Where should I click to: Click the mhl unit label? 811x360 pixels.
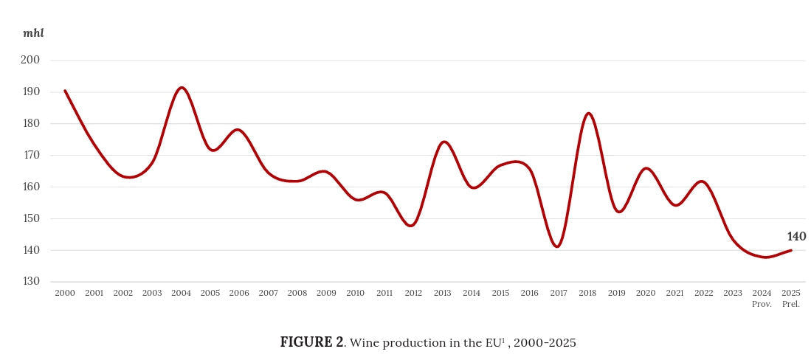click(33, 33)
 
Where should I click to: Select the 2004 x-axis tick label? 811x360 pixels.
click(181, 293)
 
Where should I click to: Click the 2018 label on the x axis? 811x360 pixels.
click(587, 293)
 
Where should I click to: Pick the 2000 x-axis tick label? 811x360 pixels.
click(65, 293)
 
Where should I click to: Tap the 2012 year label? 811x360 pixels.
click(413, 293)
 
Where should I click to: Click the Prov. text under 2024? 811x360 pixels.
click(762, 304)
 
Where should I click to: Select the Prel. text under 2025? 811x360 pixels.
click(790, 304)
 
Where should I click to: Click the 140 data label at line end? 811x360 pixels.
click(796, 237)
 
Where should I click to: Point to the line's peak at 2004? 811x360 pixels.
click(182, 88)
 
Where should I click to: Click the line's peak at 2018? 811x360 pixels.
click(588, 113)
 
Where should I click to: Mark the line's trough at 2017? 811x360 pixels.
click(557, 246)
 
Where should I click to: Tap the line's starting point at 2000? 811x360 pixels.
click(65, 91)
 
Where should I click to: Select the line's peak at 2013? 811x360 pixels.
click(444, 142)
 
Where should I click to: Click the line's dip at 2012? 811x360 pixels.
click(412, 226)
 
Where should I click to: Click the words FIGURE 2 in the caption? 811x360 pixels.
click(311, 342)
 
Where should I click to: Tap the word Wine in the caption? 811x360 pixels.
click(362, 342)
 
